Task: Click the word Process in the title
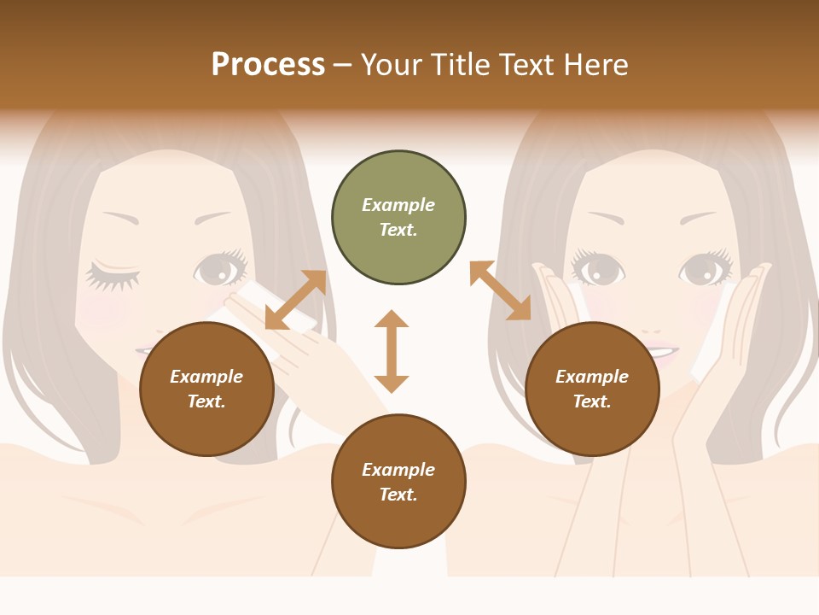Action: [x=268, y=65]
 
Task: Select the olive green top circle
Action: [x=398, y=218]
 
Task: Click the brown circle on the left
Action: [x=206, y=389]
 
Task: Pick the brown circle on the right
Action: [x=592, y=389]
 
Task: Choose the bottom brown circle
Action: [x=398, y=482]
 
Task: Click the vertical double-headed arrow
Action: [x=392, y=351]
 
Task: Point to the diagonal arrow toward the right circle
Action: [x=501, y=291]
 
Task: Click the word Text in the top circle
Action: [x=398, y=230]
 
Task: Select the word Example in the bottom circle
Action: [x=398, y=470]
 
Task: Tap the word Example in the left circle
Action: [x=206, y=377]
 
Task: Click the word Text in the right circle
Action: [x=592, y=401]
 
